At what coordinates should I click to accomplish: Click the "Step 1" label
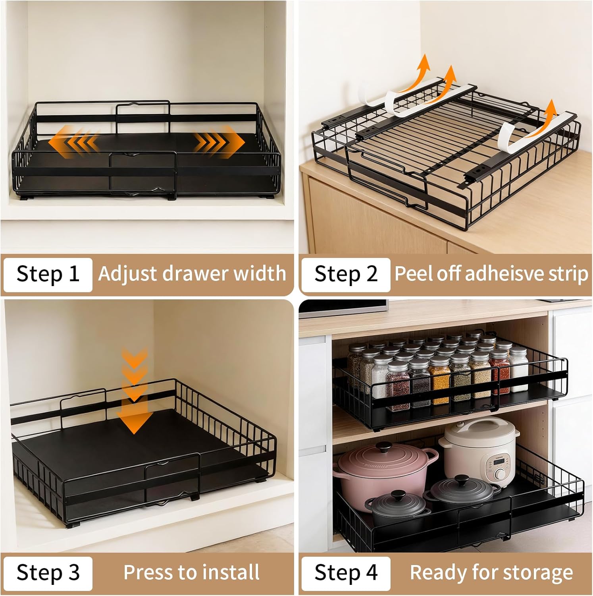48,274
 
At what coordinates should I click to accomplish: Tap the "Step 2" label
346,274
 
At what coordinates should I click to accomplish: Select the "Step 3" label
48,573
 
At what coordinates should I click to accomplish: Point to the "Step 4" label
346,573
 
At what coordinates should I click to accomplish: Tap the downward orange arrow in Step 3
135,397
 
